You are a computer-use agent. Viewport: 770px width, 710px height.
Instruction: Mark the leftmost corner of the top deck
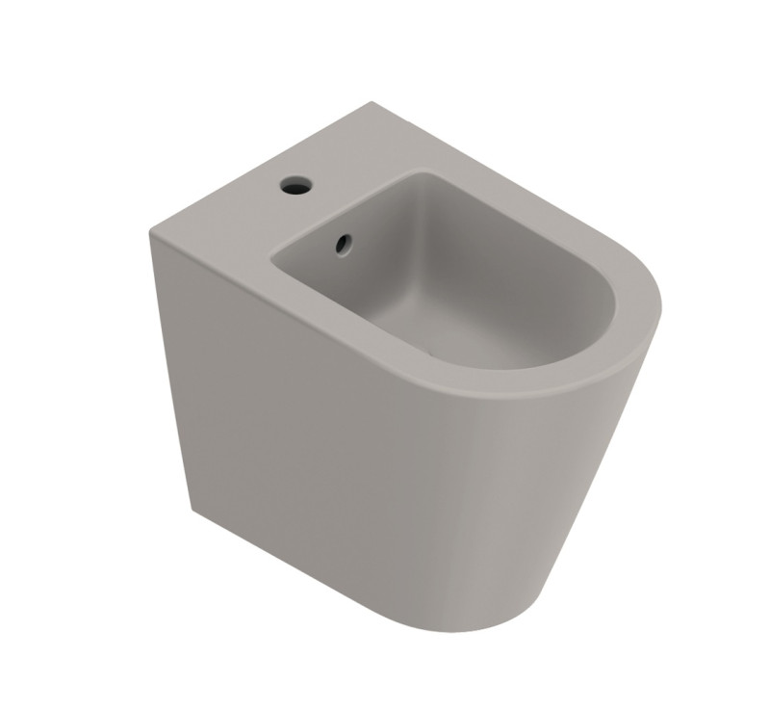tap(151, 231)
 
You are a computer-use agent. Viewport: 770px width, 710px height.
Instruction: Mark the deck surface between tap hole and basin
tap(289, 217)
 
